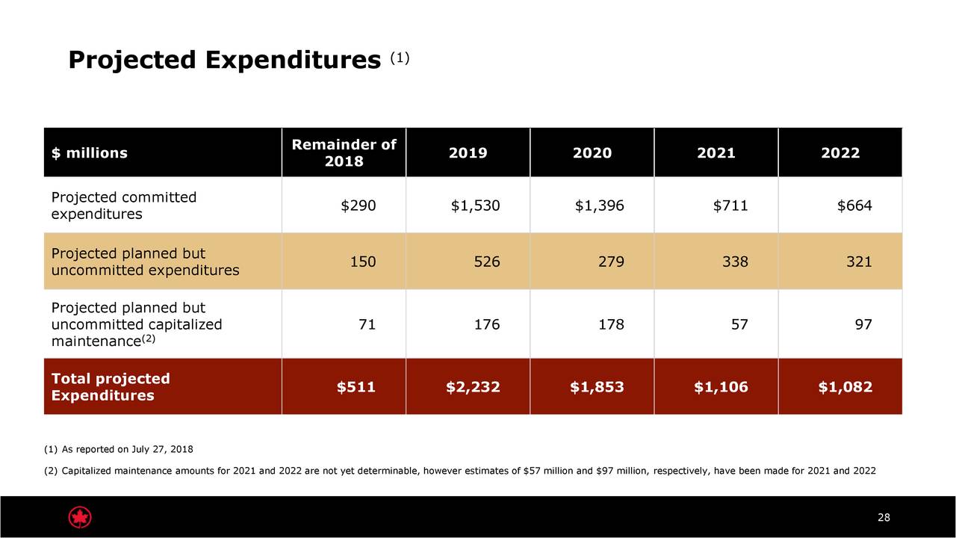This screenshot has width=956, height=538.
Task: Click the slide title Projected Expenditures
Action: click(224, 61)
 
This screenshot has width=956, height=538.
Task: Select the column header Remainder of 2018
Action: click(344, 153)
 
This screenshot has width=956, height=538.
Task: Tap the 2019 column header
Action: click(468, 153)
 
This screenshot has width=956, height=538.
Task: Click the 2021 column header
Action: click(716, 153)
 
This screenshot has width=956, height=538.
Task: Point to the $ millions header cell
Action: click(90, 153)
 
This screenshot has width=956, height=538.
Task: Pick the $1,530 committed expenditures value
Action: click(475, 206)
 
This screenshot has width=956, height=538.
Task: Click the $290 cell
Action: click(358, 206)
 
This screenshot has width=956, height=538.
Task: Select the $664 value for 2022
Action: click(854, 206)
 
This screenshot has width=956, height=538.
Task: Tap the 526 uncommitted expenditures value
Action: click(486, 262)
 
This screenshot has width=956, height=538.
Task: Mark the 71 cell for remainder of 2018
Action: click(367, 324)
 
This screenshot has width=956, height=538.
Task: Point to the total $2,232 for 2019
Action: click(473, 387)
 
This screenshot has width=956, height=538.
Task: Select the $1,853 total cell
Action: click(597, 387)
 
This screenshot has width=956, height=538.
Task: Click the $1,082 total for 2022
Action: click(845, 387)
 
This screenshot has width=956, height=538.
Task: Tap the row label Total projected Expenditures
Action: click(111, 387)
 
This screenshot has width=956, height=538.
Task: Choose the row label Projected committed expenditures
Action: click(123, 205)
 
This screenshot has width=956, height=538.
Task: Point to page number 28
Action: click(884, 519)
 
